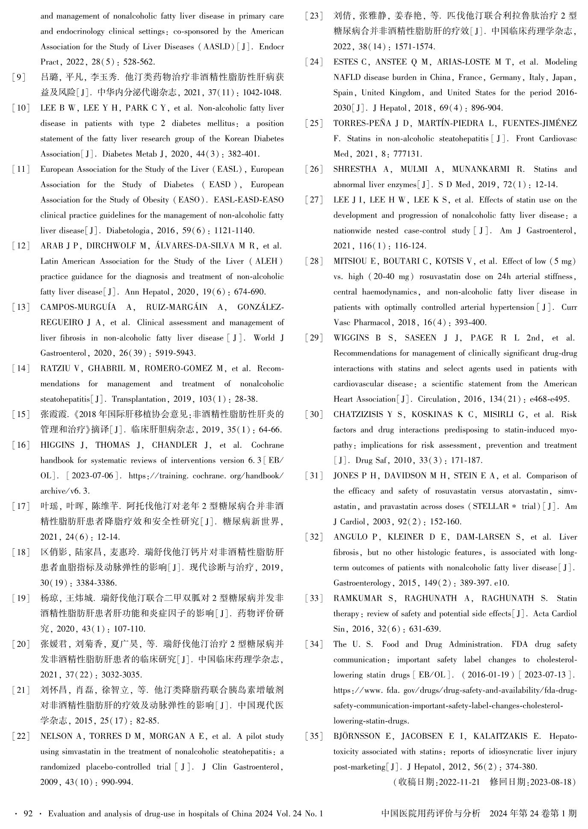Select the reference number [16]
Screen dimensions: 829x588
point(21,445)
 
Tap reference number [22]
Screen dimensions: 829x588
point(21,736)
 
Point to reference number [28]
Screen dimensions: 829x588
point(313,261)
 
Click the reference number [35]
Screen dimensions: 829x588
point(313,736)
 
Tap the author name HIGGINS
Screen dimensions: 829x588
point(57,445)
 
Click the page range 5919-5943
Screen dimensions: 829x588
point(176,353)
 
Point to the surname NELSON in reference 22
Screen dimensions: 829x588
point(57,736)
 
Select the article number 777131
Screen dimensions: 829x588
point(408,154)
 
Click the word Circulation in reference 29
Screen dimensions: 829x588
point(437,399)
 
